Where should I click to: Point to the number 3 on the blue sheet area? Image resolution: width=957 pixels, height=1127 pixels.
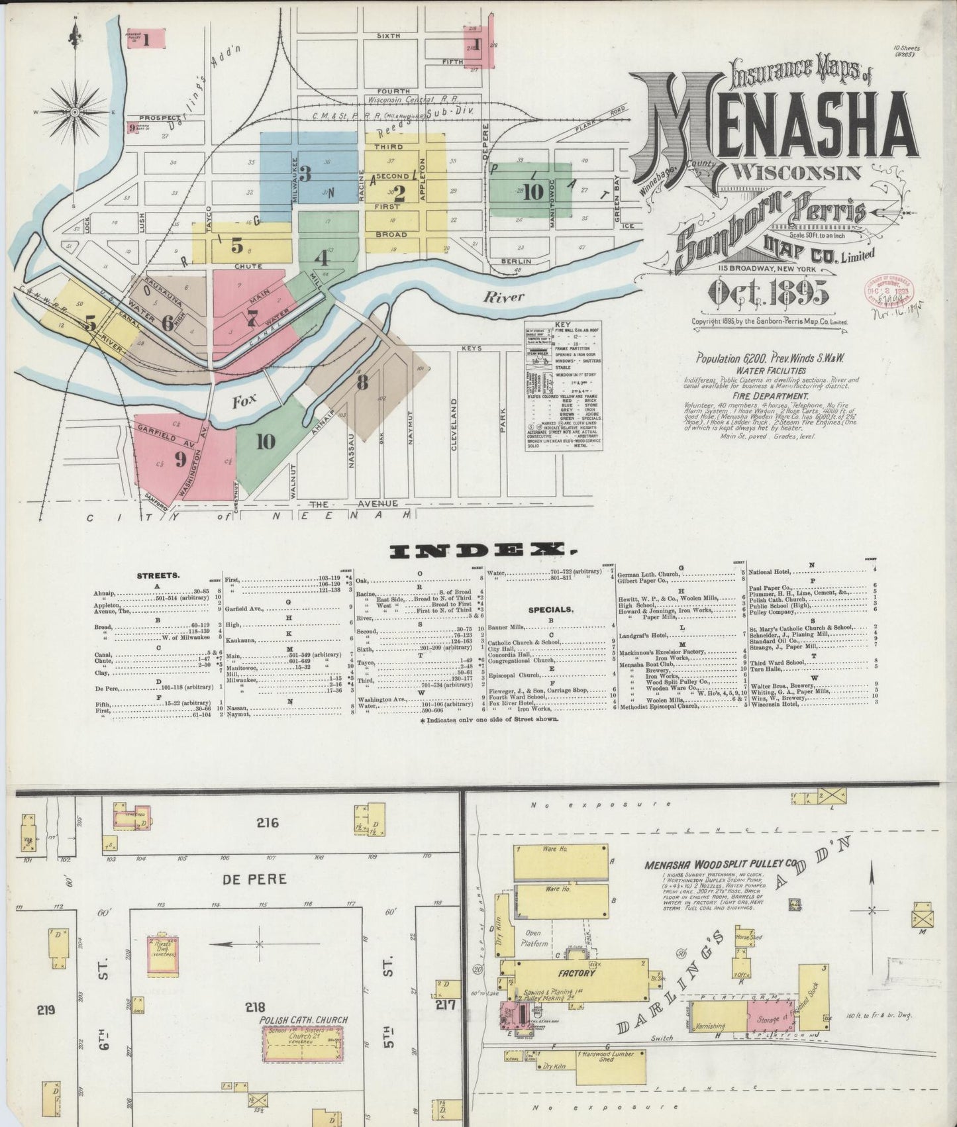tap(305, 173)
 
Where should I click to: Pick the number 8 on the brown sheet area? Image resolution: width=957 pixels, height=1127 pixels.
tap(362, 383)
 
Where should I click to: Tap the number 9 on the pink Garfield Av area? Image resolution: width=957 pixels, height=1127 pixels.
tap(180, 458)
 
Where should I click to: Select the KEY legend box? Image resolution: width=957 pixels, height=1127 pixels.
tap(564, 386)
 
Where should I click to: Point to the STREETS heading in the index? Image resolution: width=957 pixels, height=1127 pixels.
tap(158, 575)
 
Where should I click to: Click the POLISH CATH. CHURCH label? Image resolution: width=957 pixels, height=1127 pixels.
tap(304, 1020)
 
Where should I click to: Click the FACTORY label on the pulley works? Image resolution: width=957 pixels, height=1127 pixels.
tap(576, 973)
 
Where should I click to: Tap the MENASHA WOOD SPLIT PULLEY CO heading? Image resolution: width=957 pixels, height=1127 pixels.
tap(721, 865)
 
